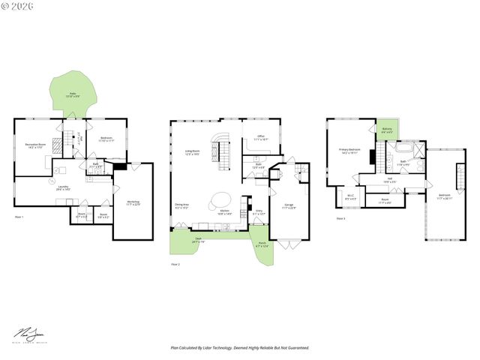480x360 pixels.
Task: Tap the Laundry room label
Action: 63,189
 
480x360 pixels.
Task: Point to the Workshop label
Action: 133,202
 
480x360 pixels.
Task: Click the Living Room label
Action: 193,152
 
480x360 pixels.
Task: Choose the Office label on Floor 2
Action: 261,138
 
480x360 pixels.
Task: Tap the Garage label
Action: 289,205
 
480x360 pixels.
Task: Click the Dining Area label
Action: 182,206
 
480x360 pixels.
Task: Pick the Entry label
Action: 259,212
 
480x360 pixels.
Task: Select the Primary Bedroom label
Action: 349,151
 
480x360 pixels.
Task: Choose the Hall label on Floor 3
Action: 388,180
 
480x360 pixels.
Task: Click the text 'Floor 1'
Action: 19,217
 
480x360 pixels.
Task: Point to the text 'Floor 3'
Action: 340,218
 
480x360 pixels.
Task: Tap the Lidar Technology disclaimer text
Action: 240,348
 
